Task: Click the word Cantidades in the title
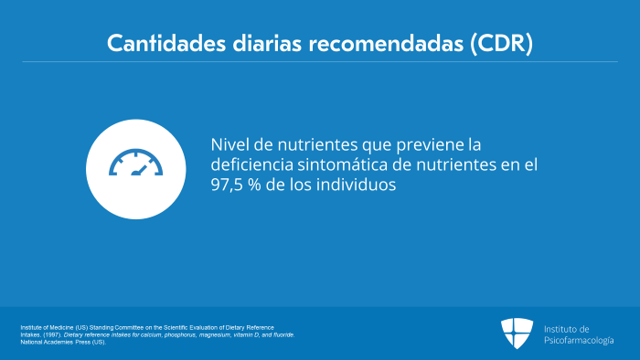click(x=166, y=43)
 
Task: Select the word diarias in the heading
click(x=267, y=43)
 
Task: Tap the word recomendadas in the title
click(x=386, y=43)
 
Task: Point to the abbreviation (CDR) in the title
click(x=502, y=43)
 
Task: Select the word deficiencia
click(x=251, y=164)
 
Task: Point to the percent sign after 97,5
click(x=254, y=185)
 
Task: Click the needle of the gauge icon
click(x=139, y=171)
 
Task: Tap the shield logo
click(x=517, y=334)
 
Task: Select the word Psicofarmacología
click(x=579, y=341)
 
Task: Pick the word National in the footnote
click(x=31, y=343)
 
